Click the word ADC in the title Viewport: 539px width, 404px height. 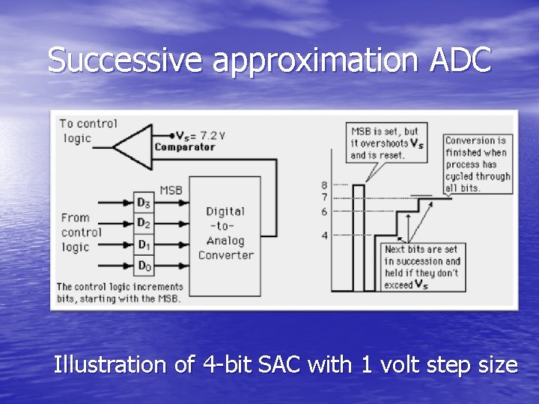pos(462,61)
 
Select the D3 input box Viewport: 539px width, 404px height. pos(143,202)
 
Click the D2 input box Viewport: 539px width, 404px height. pos(143,223)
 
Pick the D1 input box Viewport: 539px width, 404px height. pos(143,245)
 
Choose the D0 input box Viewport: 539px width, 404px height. pos(143,265)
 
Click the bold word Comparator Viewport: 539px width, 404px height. pos(184,147)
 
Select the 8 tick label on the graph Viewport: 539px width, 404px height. pos(324,184)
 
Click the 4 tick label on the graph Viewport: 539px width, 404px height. pos(324,235)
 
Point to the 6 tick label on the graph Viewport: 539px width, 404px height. pos(324,212)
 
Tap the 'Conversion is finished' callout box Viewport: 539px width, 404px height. pos(478,164)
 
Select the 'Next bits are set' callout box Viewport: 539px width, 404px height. pos(422,266)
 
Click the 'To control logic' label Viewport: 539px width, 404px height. pos(87,130)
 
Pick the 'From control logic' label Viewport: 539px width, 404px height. pos(81,233)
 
